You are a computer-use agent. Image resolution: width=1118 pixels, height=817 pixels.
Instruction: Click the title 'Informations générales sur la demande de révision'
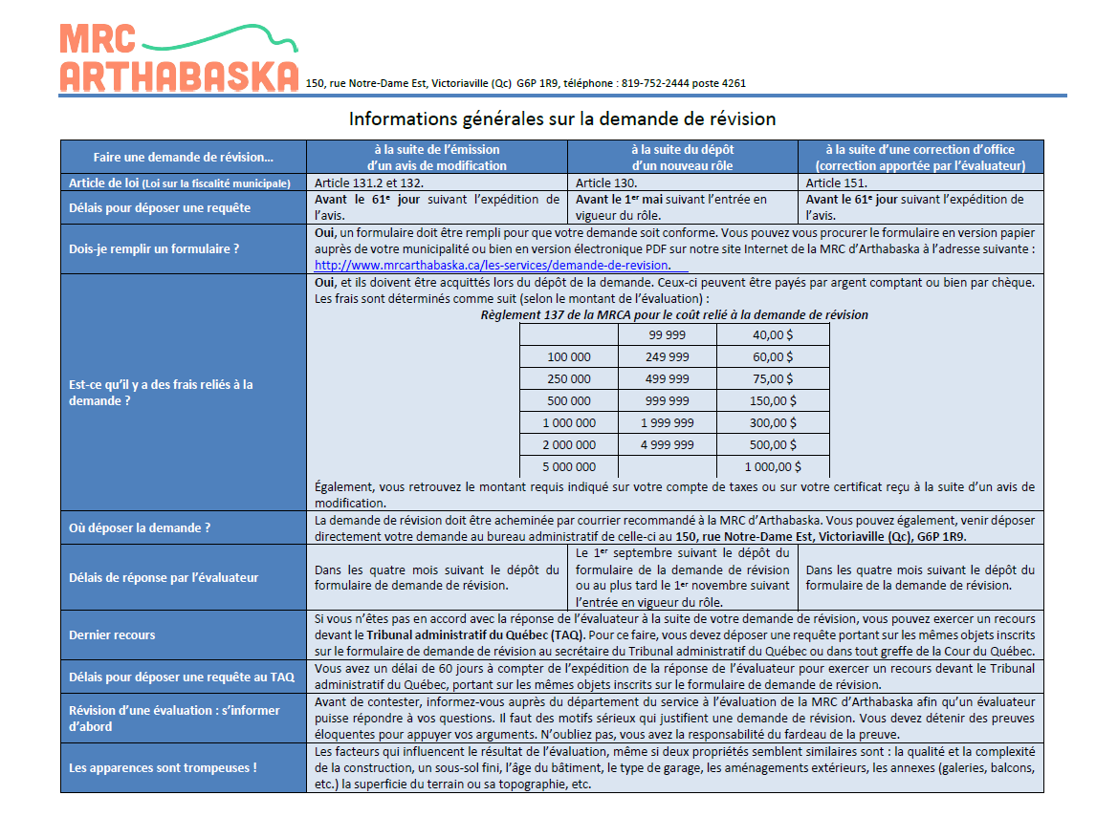point(562,119)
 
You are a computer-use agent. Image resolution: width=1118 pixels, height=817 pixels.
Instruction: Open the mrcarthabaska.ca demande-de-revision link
point(493,265)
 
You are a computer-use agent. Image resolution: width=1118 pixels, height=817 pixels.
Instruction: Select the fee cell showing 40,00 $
point(773,334)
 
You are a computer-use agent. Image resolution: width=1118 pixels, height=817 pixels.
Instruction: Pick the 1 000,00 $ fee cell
point(773,467)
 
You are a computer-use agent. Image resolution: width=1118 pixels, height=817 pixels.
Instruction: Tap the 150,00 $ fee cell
point(773,401)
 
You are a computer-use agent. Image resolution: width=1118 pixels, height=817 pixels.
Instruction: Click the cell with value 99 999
point(668,334)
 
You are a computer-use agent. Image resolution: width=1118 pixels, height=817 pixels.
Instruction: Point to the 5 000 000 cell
point(568,467)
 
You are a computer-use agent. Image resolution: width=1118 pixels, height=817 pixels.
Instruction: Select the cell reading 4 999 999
point(668,445)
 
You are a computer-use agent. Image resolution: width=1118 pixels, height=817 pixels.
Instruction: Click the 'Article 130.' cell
point(606,183)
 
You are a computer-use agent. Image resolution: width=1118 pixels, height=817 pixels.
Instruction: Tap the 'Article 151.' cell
point(837,183)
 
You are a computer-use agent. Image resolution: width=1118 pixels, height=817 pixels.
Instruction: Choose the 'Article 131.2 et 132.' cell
point(369,183)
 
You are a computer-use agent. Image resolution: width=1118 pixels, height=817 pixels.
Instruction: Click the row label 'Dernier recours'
point(112,634)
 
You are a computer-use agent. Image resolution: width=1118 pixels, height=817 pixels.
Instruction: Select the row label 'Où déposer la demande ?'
point(140,528)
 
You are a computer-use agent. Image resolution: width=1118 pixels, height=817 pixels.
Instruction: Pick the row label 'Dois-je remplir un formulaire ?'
point(153,249)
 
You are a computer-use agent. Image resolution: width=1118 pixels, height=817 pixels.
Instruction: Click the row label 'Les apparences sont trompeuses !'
point(163,767)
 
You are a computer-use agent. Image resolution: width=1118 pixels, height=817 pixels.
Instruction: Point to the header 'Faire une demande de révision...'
point(184,158)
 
